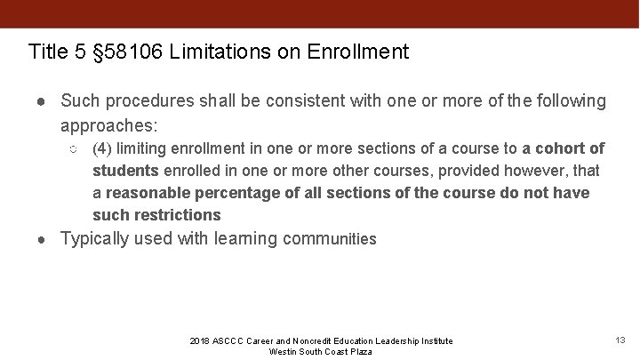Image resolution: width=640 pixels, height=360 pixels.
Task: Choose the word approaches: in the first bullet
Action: pyautogui.click(x=110, y=124)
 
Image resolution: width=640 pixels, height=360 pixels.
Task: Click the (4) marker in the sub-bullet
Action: pyautogui.click(x=102, y=148)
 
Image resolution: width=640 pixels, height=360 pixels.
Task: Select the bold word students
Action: pyautogui.click(x=126, y=170)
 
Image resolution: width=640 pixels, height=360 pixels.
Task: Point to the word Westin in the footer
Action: pyautogui.click(x=282, y=351)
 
